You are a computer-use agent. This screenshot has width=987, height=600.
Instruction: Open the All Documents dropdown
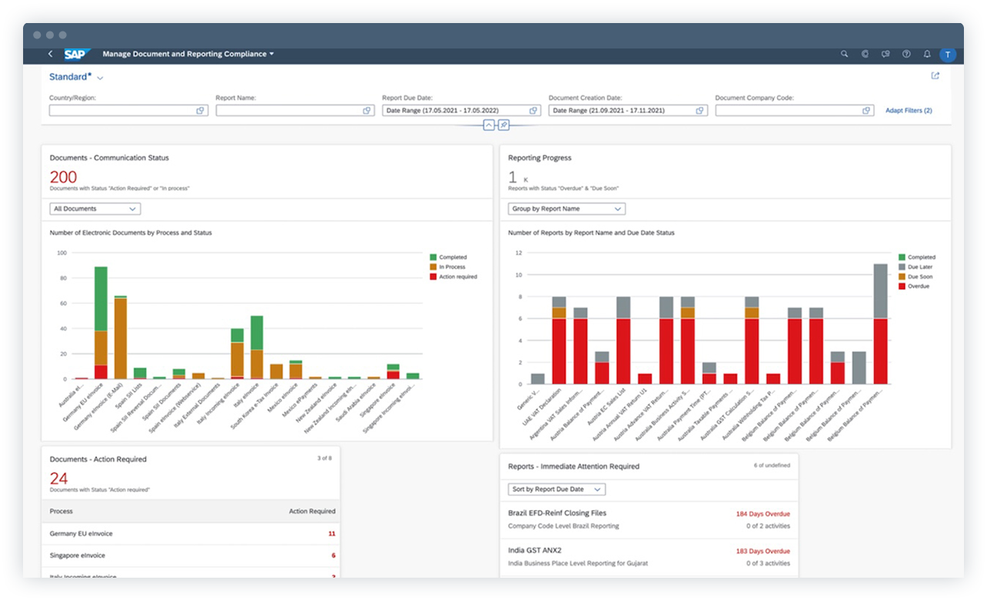coord(95,208)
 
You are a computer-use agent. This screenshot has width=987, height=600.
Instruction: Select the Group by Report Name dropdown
coord(566,208)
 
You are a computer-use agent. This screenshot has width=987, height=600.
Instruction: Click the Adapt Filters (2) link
coord(908,111)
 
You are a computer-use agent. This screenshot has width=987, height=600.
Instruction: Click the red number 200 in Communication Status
coord(63,177)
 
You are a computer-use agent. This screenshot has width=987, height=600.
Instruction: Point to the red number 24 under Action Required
coord(58,478)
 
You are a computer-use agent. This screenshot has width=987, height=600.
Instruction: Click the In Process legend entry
coord(453,267)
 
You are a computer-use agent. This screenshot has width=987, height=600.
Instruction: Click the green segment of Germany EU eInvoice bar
coord(101,298)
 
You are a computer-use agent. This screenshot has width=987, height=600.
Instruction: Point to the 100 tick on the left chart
coord(62,252)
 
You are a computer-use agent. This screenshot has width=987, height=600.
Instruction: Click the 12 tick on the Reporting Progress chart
coord(519,252)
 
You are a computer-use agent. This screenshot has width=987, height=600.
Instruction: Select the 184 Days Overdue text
coord(763,514)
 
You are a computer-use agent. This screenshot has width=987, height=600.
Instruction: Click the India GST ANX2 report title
coord(535,550)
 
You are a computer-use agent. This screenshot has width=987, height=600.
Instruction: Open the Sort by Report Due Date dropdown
coord(557,489)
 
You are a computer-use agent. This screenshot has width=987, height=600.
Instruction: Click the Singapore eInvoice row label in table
coord(78,555)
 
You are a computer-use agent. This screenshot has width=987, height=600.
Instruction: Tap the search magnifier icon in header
coord(844,54)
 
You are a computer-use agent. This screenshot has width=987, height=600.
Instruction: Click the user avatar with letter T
coord(947,54)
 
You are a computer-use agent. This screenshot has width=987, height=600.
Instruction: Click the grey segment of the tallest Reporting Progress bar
coord(880,291)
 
